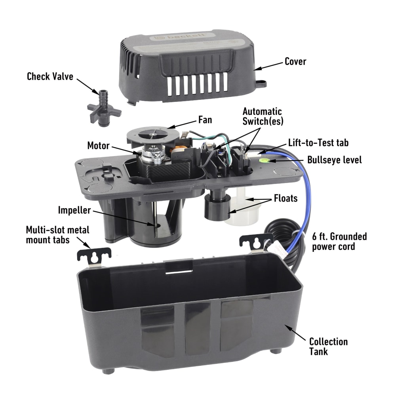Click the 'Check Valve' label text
[50, 76]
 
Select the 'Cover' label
[295, 62]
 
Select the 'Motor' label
[98, 146]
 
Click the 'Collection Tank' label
[328, 346]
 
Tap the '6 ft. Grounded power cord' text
[339, 242]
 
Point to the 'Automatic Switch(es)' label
[262, 116]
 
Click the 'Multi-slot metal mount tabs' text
[57, 235]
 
